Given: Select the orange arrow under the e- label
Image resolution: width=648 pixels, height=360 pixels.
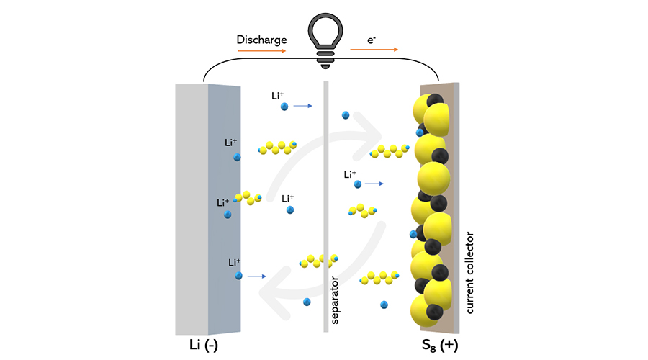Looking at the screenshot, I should click(374, 50).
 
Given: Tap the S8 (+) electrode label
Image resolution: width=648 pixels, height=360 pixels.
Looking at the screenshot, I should click(439, 345).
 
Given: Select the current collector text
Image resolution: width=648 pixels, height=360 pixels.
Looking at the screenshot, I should click(471, 272).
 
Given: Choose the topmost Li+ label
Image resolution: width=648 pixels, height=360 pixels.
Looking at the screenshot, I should click(279, 95).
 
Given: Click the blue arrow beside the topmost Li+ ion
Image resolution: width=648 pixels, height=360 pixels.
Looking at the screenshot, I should click(302, 106).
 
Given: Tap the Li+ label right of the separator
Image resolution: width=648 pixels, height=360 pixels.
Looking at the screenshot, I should click(351, 174).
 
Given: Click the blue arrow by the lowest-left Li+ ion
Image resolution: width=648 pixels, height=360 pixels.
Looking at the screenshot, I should click(257, 276).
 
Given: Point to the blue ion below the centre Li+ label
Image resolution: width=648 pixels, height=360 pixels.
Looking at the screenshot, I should click(290, 210).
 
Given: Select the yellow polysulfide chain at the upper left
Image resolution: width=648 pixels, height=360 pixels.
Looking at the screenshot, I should click(277, 148).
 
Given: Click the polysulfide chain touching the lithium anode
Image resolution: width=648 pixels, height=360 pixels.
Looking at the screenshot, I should click(248, 197).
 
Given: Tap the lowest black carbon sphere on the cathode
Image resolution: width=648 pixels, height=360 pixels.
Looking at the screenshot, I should click(434, 311).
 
